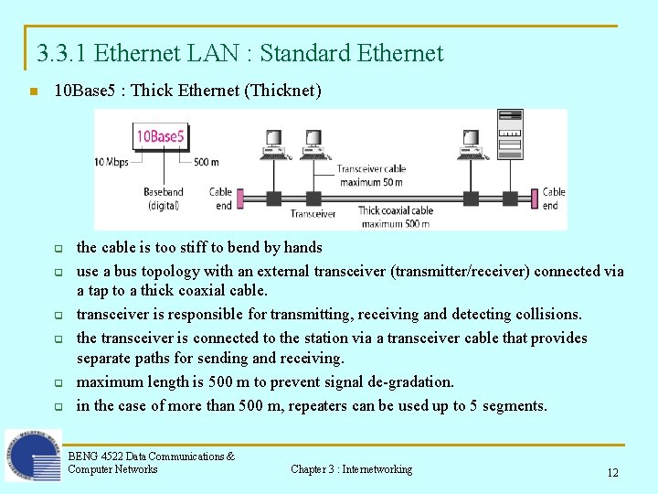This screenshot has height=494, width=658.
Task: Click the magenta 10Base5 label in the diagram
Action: pos(161,137)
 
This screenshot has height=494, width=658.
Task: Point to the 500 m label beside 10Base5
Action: pos(207,162)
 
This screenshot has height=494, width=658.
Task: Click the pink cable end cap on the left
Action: pos(240,199)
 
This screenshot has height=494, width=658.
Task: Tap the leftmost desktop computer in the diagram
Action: pos(272,145)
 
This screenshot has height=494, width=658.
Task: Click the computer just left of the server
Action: pos(471,145)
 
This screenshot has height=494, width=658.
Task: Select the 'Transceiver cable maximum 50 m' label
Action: pos(371,175)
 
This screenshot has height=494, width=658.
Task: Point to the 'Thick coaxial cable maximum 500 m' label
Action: pos(395,217)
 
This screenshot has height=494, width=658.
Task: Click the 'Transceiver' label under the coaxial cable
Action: pos(313,214)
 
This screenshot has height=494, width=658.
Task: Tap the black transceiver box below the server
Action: pos(509,199)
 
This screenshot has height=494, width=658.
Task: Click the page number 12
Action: pos(612,473)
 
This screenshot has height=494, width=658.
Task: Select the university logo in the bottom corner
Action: pos(33,455)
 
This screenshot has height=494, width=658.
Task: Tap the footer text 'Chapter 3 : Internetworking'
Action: pos(351,469)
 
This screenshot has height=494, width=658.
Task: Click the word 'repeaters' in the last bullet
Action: pos(321,405)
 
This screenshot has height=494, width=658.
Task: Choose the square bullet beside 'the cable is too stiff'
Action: pos(57,249)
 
